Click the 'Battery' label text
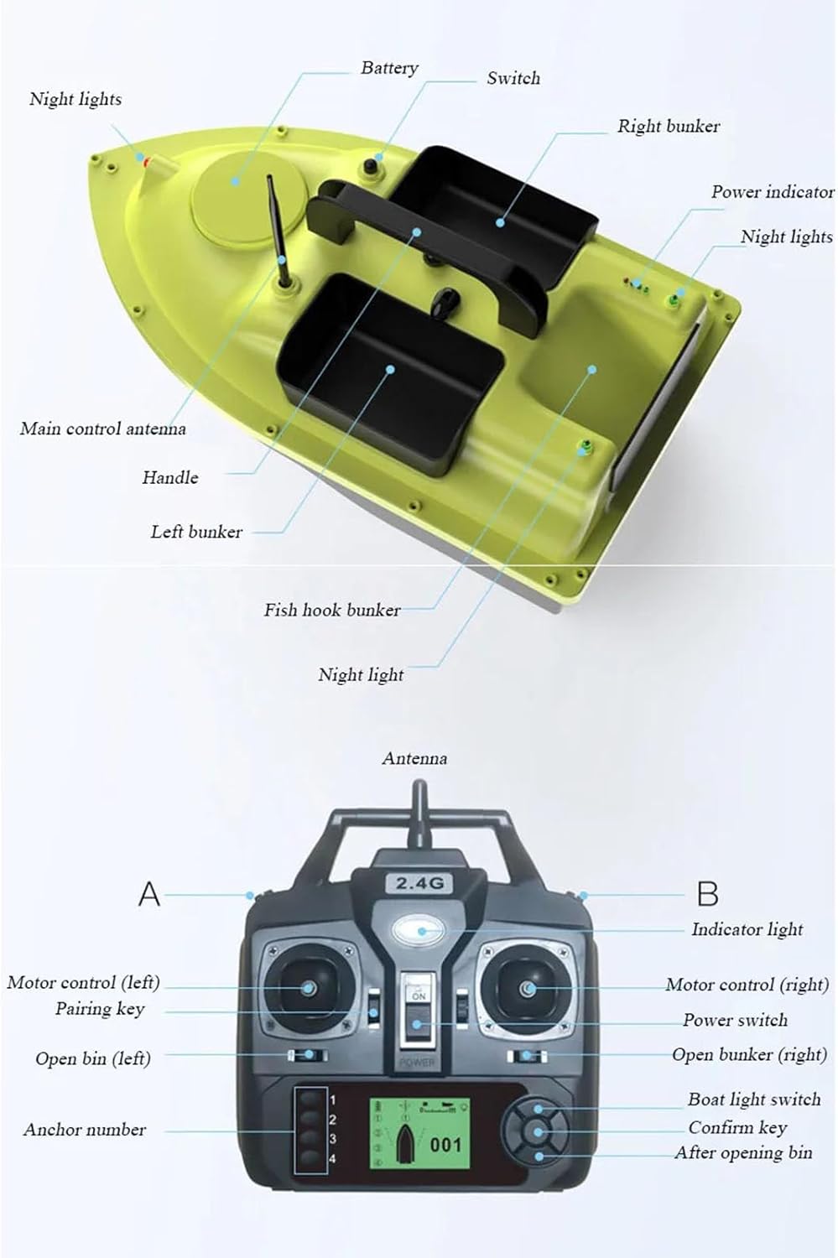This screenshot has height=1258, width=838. point(388,68)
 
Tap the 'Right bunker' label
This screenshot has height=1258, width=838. point(668,127)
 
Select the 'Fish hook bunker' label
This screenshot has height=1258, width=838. point(332,610)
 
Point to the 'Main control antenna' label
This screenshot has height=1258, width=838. point(103,429)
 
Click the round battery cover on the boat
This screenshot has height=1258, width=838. point(247,196)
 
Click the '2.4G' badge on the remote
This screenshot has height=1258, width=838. point(419,883)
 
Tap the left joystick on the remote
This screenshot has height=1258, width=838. point(308,988)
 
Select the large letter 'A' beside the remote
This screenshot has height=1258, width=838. point(148,894)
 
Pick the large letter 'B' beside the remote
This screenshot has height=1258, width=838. point(707,894)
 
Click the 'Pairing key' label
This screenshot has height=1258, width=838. point(100,1009)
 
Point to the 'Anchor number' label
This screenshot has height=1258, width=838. point(85,1130)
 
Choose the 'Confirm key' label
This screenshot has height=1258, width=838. point(737,1127)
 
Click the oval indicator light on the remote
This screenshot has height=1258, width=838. point(418,930)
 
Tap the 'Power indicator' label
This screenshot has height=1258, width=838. point(772,192)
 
